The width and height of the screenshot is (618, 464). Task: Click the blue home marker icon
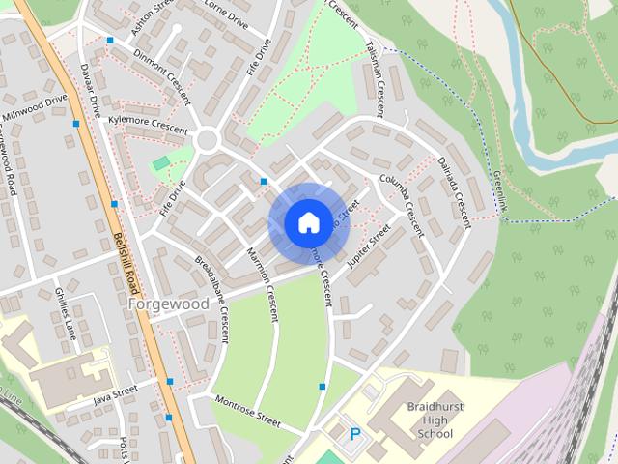click(308, 223)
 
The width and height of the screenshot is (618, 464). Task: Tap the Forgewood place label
click(167, 304)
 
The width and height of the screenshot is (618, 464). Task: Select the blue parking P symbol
click(355, 435)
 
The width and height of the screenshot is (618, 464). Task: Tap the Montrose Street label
click(247, 413)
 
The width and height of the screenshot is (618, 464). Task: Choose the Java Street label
click(116, 393)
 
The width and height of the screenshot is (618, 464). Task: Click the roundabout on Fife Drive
click(206, 141)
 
